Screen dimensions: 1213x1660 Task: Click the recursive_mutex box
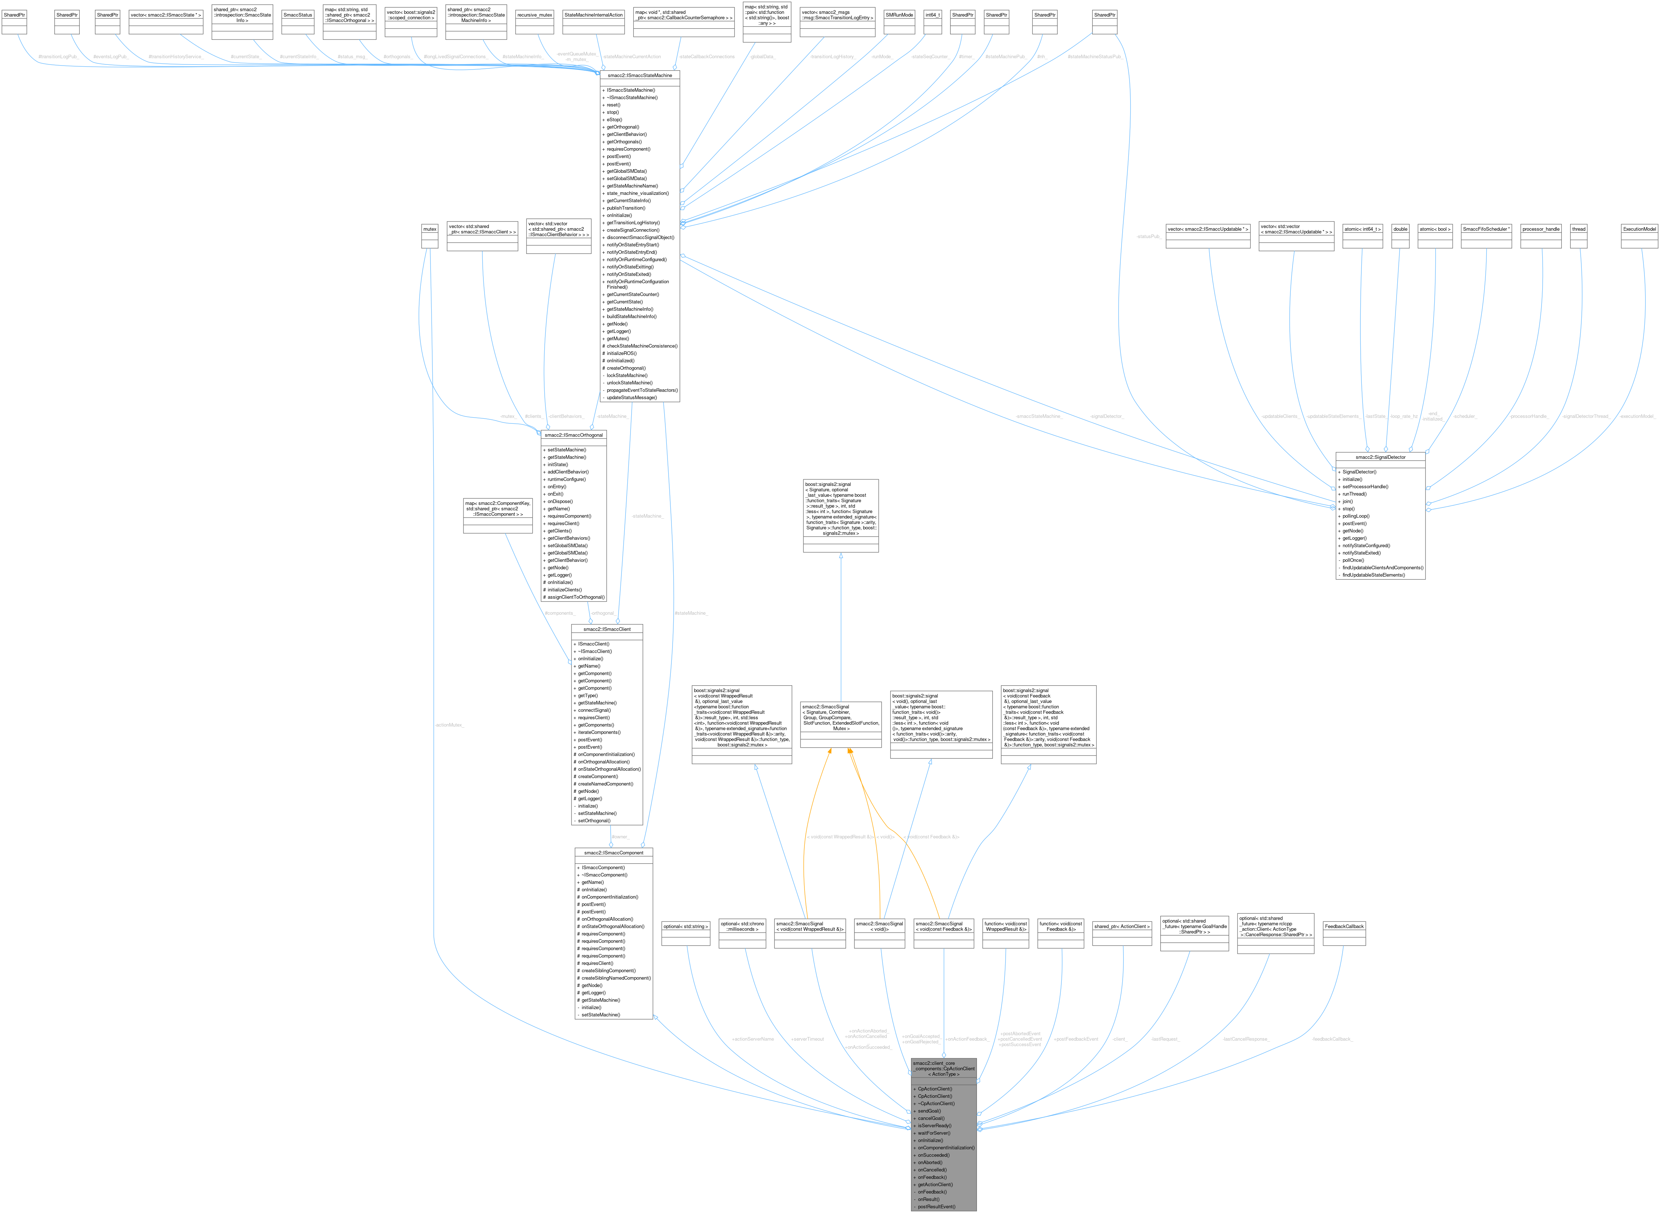pos(535,15)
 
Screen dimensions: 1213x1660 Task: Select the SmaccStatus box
pos(298,15)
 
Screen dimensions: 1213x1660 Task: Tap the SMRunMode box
pos(899,15)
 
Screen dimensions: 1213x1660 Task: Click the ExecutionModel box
pos(1639,229)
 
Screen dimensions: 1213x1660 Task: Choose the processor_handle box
pos(1541,229)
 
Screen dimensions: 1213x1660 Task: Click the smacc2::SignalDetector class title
pos(1380,457)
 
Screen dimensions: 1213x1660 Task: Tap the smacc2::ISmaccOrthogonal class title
pos(574,435)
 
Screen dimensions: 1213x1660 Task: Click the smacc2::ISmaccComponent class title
pos(613,853)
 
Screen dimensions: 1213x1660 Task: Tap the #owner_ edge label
pos(621,836)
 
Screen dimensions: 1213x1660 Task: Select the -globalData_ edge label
pos(763,57)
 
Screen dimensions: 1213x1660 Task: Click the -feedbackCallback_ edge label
pos(1332,1039)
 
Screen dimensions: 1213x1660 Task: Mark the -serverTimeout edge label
pos(807,1039)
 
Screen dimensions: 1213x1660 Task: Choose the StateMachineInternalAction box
pos(594,15)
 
